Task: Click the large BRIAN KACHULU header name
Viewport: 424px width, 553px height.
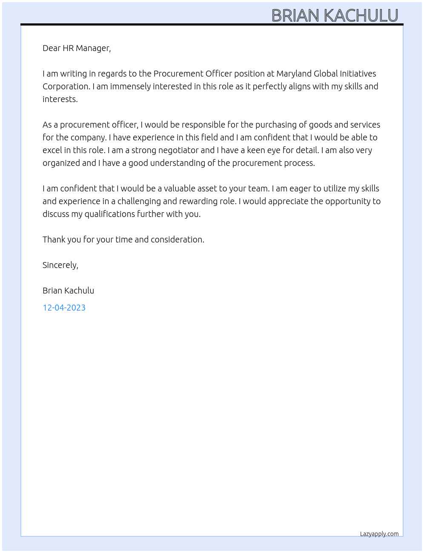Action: (x=335, y=15)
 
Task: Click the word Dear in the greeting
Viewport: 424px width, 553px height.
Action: (x=52, y=48)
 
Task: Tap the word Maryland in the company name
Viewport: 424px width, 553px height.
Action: (x=294, y=74)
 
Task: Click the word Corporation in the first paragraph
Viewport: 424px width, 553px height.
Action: (x=66, y=87)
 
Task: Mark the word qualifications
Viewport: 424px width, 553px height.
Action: (x=109, y=214)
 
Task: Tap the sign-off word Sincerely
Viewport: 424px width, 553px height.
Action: (x=60, y=265)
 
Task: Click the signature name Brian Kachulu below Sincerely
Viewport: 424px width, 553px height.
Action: (x=68, y=291)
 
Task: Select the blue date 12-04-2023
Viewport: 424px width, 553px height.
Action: (x=64, y=308)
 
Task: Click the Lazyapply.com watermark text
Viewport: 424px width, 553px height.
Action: (x=379, y=534)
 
